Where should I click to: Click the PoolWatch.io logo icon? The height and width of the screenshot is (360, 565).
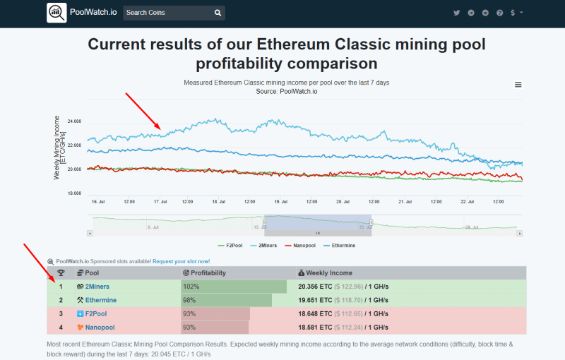coord(56,13)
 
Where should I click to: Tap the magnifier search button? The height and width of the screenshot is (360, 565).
coord(218,13)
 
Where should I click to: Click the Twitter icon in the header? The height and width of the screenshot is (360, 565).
coord(457,13)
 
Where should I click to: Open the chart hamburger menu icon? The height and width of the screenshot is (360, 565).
coord(518,85)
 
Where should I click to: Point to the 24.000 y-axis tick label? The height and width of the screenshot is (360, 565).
coord(73,121)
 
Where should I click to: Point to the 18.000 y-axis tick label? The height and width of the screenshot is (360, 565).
coord(73,193)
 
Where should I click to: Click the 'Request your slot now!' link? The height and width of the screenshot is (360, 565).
coord(181,261)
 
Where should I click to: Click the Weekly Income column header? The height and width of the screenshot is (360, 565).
coord(329,272)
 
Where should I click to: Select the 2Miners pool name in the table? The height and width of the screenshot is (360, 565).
coord(97,287)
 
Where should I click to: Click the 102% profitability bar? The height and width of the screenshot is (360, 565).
coord(234,287)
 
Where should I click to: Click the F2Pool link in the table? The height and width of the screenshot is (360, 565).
coord(96,313)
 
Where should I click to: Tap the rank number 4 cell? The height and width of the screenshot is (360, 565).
coord(61,327)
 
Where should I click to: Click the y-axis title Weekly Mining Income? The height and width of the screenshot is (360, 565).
coord(59,148)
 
